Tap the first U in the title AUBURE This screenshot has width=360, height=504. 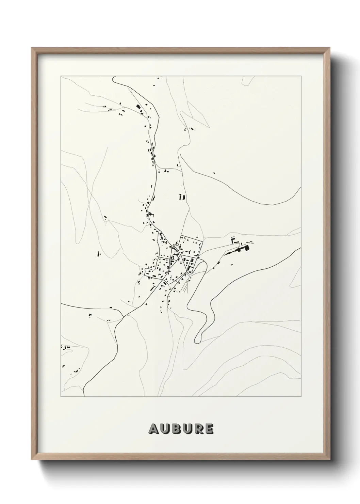tap(164, 429)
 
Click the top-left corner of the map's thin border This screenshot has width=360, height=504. tap(61, 76)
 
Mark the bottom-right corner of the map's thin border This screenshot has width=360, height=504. tap(301, 397)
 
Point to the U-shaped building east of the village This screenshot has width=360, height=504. tap(234, 241)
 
